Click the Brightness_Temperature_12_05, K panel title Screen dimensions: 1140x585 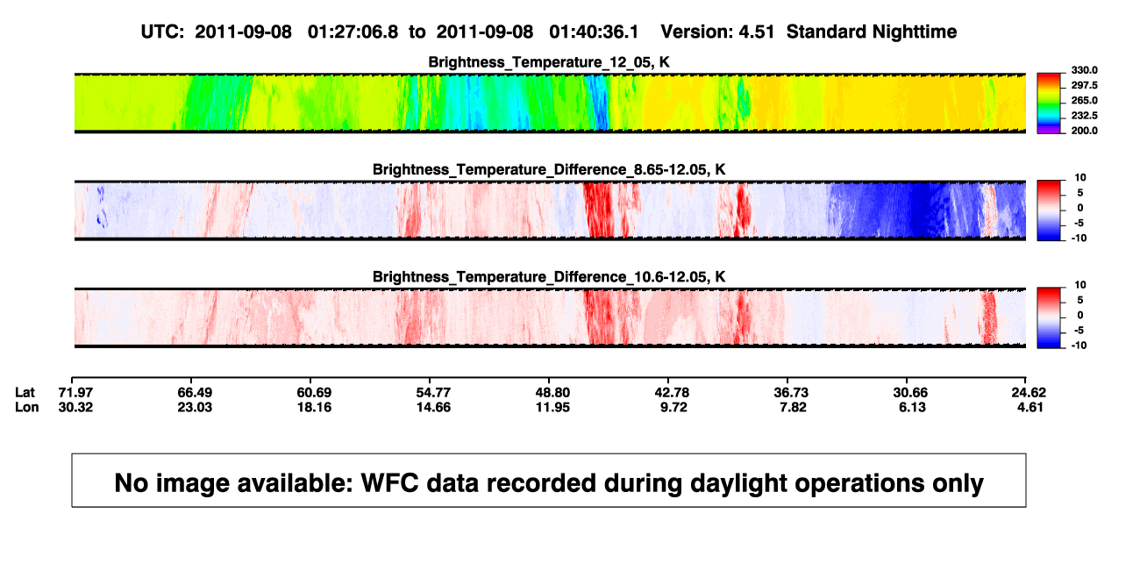pos(549,62)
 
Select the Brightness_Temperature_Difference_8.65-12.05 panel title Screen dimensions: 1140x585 pos(549,169)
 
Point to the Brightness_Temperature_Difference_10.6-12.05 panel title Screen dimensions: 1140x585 pos(549,277)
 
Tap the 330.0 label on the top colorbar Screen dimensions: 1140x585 pos(1084,70)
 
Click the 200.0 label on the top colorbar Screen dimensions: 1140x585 pos(1084,131)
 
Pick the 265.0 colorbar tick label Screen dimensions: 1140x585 pos(1084,100)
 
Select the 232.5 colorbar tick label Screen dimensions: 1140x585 pos(1084,116)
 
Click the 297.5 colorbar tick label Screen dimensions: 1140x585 pos(1084,85)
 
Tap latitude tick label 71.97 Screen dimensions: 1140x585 pos(75,393)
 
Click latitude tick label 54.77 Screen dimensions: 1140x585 pos(433,393)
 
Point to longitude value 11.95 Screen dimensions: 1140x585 pos(552,407)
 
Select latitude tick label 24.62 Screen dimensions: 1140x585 pos(1029,393)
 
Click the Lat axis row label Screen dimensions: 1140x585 pos(25,393)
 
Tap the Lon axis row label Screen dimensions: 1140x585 pos(26,407)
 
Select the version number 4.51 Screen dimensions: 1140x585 pos(756,32)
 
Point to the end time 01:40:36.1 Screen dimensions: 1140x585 pos(594,32)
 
